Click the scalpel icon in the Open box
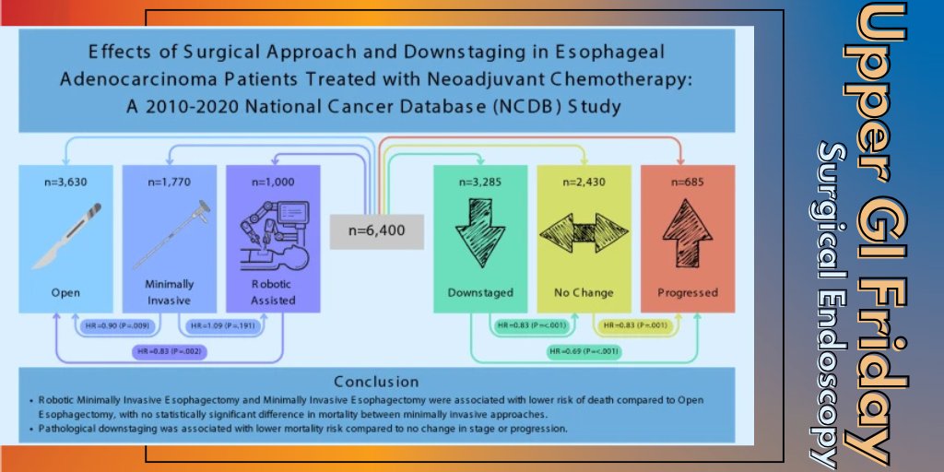(63, 236)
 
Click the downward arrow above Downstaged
(479, 232)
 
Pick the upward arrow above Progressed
(687, 232)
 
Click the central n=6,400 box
(377, 227)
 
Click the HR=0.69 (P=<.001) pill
(584, 351)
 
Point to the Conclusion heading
(376, 381)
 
